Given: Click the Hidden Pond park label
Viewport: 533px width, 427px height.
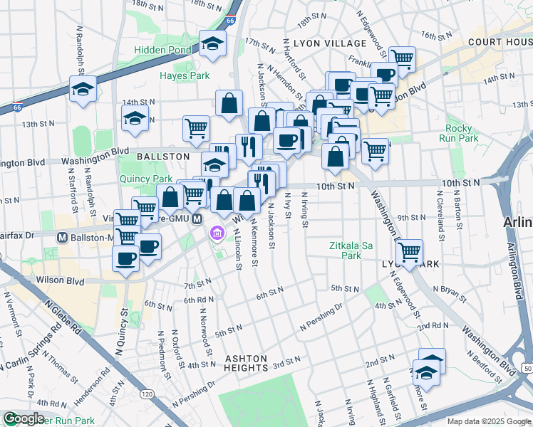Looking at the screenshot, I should [163, 51].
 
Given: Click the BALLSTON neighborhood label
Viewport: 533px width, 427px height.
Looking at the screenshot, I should [163, 156].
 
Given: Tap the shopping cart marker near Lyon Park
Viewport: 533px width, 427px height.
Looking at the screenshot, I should [409, 252].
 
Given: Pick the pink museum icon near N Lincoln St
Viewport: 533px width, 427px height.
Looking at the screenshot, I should [216, 233].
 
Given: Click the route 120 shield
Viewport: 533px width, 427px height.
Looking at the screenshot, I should [148, 394].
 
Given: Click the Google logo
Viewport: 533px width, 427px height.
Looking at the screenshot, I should [23, 418].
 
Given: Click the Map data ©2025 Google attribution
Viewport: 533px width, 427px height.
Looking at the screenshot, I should [488, 421].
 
